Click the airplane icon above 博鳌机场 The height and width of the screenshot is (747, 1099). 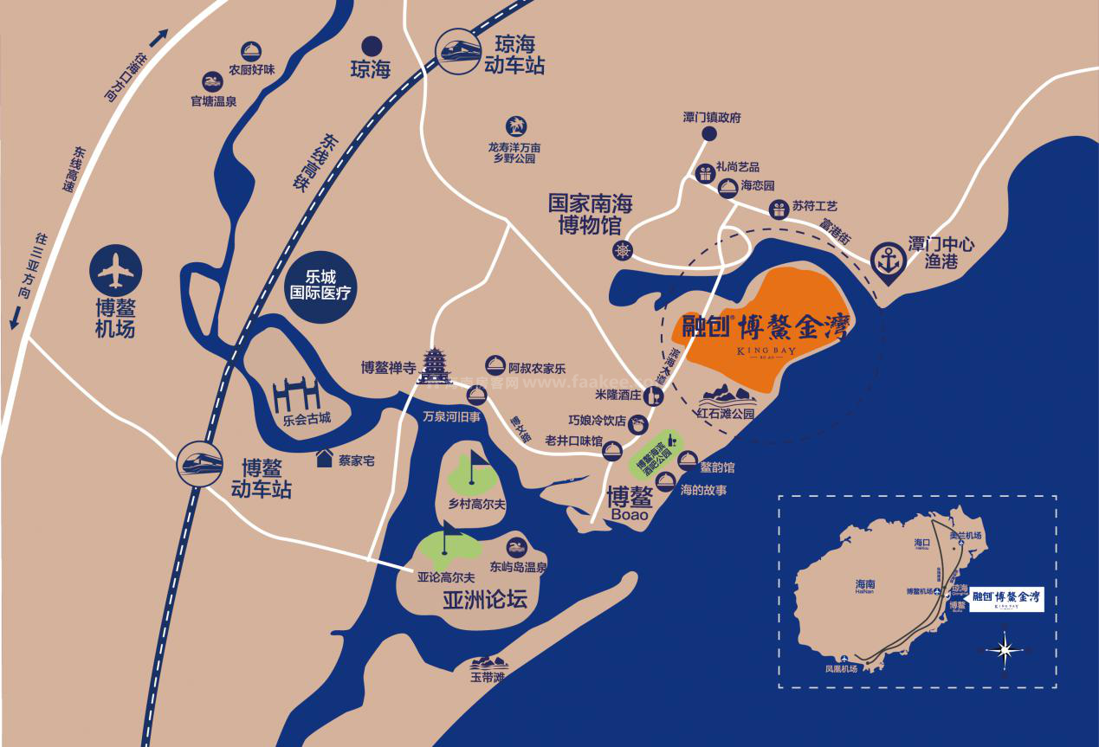[116, 270]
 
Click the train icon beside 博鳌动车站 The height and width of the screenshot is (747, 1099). [201, 463]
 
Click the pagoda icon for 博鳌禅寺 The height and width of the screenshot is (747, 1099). [433, 366]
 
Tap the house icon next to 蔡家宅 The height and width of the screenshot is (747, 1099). [325, 458]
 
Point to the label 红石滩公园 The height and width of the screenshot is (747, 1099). [726, 414]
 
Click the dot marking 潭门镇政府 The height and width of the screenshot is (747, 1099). [710, 133]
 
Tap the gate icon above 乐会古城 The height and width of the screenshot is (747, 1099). [297, 396]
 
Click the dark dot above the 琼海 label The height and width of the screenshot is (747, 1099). [371, 46]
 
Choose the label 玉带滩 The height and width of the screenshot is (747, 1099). [488, 677]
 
